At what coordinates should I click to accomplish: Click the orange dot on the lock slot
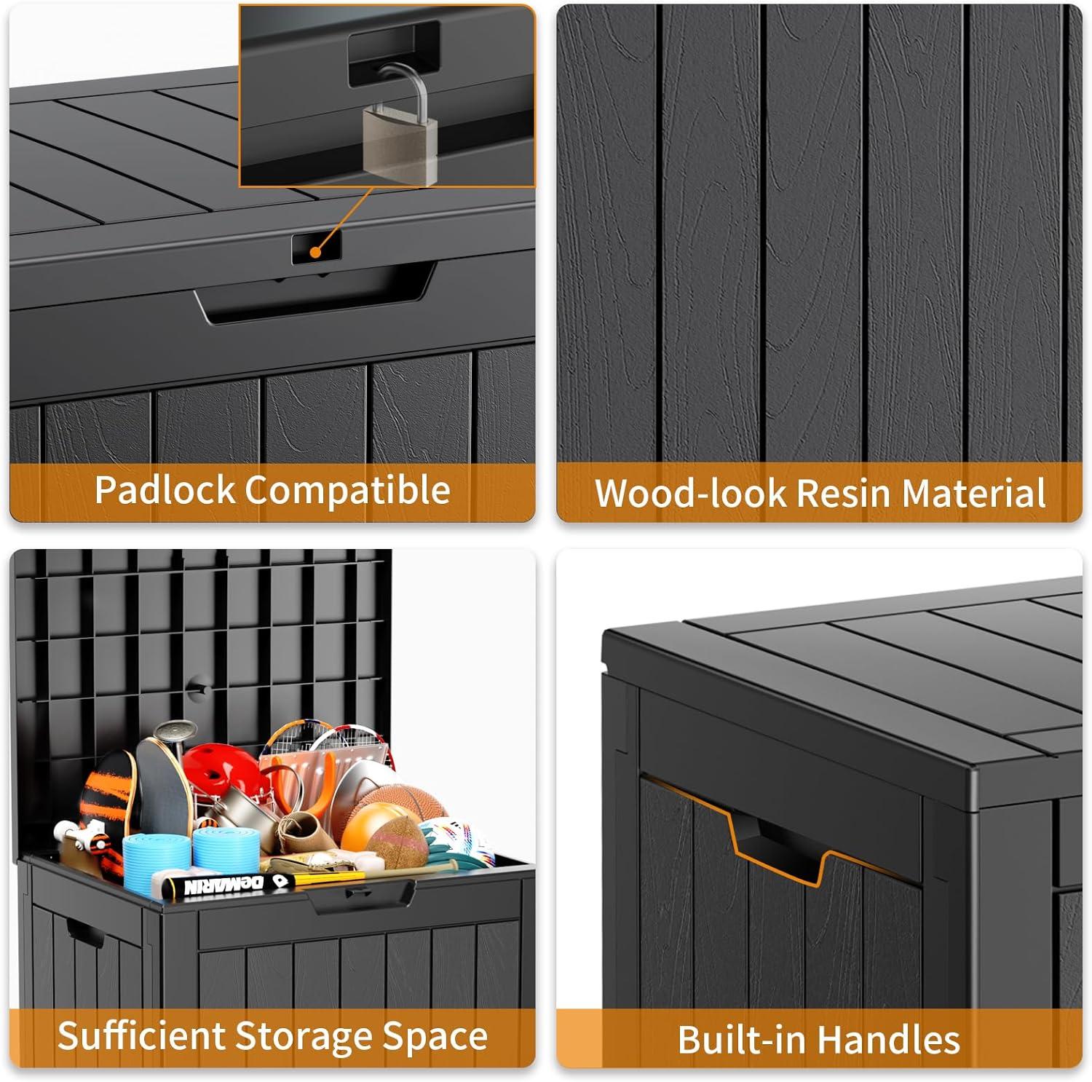click(314, 253)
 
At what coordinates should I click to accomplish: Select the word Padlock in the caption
click(165, 490)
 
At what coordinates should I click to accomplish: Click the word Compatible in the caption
click(347, 490)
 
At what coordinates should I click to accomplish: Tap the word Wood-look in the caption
click(690, 493)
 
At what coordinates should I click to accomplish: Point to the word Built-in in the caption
click(736, 1039)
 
